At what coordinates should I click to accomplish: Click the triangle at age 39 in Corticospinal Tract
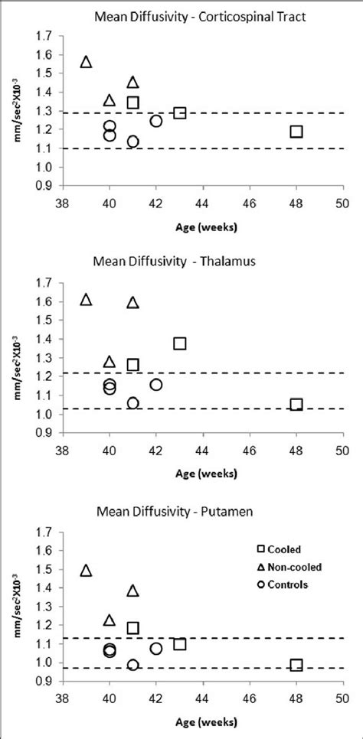87,62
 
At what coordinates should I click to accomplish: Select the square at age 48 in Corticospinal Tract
296,132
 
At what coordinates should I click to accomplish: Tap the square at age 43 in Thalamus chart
179,343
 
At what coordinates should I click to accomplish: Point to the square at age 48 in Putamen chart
296,665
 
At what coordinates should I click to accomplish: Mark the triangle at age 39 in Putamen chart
87,571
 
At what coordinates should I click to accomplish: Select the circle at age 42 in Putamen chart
156,649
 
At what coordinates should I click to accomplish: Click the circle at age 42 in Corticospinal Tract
156,121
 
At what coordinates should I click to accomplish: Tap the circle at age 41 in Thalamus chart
133,402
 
